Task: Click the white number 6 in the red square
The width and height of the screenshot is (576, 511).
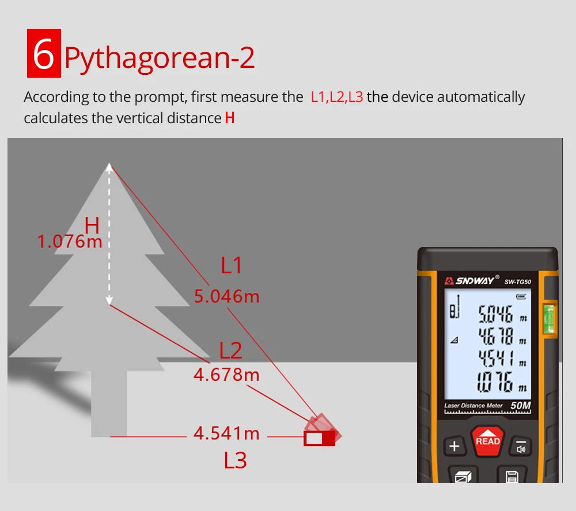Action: pyautogui.click(x=43, y=54)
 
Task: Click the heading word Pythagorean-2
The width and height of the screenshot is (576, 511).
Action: pyautogui.click(x=160, y=58)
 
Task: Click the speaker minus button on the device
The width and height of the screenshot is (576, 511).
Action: pyautogui.click(x=521, y=447)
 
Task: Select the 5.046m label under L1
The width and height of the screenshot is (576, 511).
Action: pyautogui.click(x=226, y=296)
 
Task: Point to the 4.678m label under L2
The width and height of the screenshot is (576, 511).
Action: pyautogui.click(x=226, y=375)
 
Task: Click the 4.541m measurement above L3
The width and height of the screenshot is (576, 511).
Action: pyautogui.click(x=226, y=433)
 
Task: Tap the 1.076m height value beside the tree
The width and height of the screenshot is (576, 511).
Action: pyautogui.click(x=70, y=242)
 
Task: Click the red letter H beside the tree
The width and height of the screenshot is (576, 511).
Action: pyautogui.click(x=92, y=225)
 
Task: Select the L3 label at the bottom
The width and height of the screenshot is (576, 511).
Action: pyautogui.click(x=236, y=460)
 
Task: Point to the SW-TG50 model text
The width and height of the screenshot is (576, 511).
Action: pyautogui.click(x=518, y=282)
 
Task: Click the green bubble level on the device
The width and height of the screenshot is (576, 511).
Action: pyautogui.click(x=549, y=318)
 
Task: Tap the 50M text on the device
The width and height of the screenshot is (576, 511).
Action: pyautogui.click(x=521, y=405)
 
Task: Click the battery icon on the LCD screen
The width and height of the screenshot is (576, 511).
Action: pyautogui.click(x=521, y=296)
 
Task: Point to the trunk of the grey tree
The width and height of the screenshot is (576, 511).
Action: pyautogui.click(x=109, y=404)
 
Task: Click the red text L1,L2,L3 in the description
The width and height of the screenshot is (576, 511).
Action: pyautogui.click(x=337, y=97)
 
